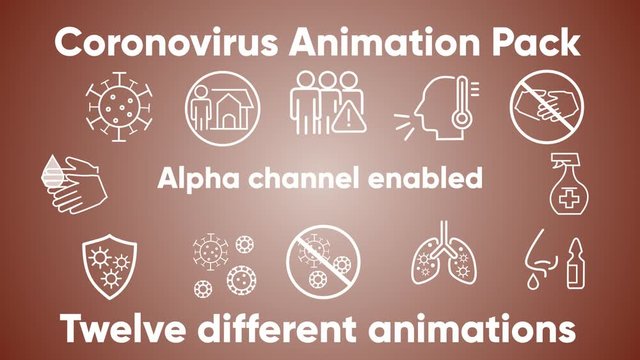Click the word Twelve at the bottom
[122, 327]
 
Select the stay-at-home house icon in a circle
[221, 106]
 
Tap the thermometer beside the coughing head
[461, 104]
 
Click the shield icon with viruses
[107, 263]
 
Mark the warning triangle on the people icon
[345, 118]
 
